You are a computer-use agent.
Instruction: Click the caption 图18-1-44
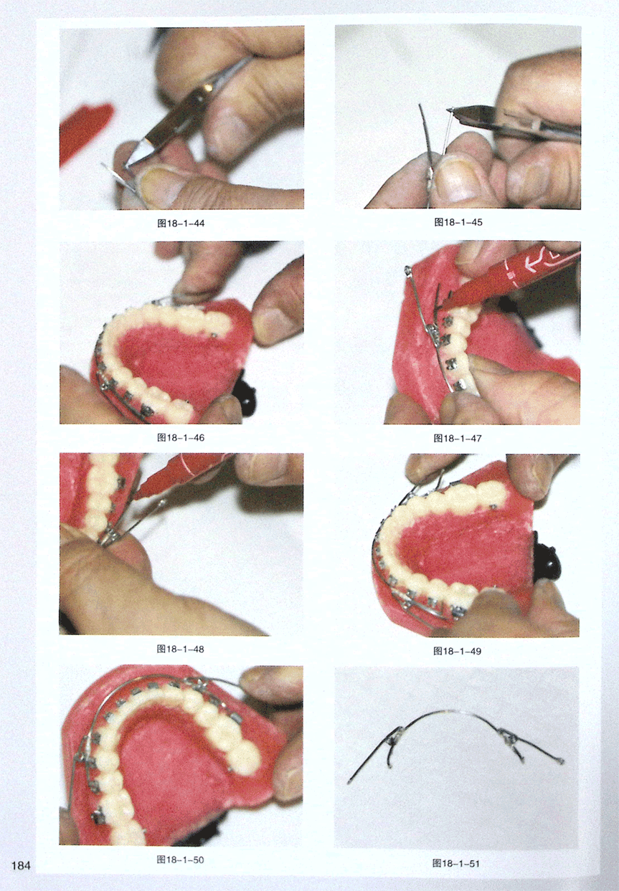pos(181,223)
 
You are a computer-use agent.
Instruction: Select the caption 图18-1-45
pos(458,222)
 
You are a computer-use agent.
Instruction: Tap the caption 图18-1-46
pos(181,437)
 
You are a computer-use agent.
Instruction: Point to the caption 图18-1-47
pos(458,439)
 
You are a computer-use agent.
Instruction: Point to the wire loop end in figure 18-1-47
pos(407,270)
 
